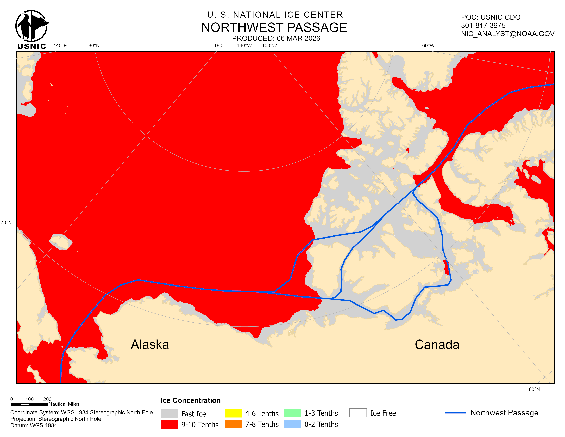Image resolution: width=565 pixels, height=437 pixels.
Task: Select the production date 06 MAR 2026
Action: (x=298, y=38)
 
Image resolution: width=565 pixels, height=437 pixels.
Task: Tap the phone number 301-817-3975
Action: (x=483, y=25)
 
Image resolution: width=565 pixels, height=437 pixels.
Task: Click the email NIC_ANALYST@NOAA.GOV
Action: (x=508, y=34)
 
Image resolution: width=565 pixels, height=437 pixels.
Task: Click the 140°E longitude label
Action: (x=60, y=46)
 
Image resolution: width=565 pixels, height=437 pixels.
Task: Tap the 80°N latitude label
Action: (x=94, y=46)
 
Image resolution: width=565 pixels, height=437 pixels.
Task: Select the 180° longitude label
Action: (x=219, y=46)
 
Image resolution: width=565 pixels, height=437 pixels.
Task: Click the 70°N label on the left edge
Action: (x=6, y=222)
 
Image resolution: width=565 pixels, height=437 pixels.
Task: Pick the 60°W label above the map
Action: (x=428, y=46)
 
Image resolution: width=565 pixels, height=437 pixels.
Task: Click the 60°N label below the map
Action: (x=534, y=389)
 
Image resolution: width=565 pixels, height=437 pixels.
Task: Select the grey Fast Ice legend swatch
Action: (x=169, y=414)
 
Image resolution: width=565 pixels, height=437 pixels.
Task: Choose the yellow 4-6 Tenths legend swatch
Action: (x=233, y=413)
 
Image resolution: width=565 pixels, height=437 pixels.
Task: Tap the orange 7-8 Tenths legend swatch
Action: (x=233, y=424)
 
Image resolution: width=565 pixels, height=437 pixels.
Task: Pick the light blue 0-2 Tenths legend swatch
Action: (x=292, y=424)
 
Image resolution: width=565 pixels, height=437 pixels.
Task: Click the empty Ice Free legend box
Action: (x=358, y=413)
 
